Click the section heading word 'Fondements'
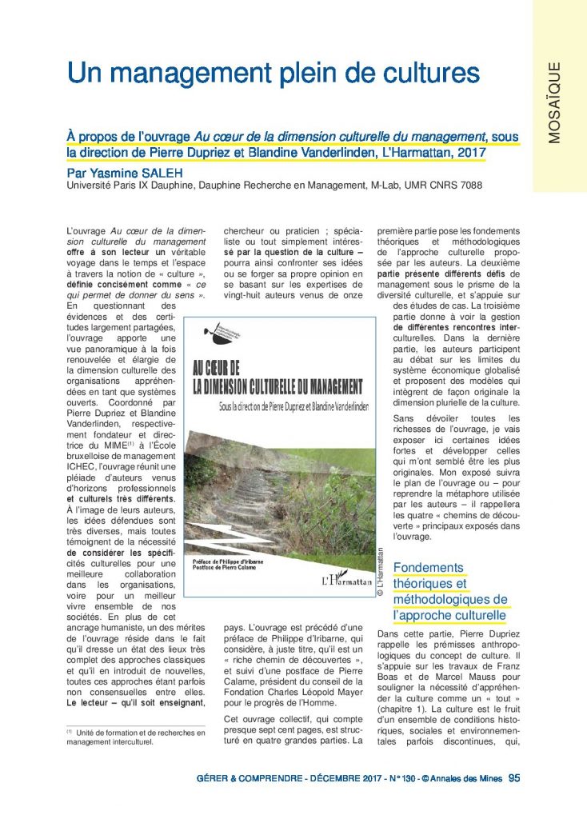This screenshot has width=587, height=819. (x=429, y=568)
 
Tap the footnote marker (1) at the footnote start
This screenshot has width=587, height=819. (x=70, y=731)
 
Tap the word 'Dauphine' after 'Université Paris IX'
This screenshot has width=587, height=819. (x=160, y=186)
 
